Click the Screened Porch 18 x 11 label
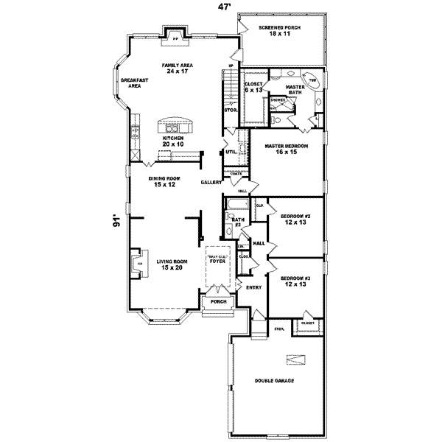pyautogui.click(x=278, y=32)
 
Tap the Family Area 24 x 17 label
pyautogui.click(x=177, y=69)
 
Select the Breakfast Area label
pyautogui.click(x=130, y=83)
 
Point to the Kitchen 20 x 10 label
pyautogui.click(x=173, y=141)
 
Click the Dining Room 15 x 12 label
pyautogui.click(x=164, y=182)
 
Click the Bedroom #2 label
pyautogui.click(x=295, y=219)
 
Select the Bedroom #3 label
pyautogui.click(x=295, y=281)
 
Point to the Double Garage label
pyautogui.click(x=275, y=381)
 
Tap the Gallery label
pyautogui.click(x=211, y=182)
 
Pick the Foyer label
pyautogui.click(x=217, y=260)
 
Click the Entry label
pyautogui.click(x=254, y=287)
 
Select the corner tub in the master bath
pyautogui.click(x=312, y=80)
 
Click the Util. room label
pyautogui.click(x=231, y=152)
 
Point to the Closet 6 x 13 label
pyautogui.click(x=255, y=88)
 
